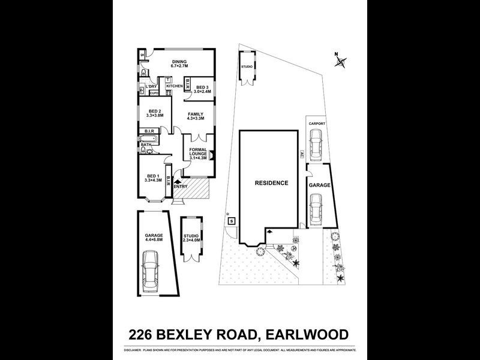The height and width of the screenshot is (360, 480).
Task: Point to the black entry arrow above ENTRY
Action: pos(176,180)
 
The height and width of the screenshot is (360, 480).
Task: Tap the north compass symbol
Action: pos(340,60)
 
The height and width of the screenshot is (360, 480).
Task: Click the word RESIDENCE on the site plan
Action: pos(271,183)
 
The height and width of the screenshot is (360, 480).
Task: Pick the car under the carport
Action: pos(316,145)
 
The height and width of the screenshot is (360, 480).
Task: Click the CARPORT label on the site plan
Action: pos(317,124)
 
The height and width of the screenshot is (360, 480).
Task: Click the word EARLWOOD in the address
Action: pos(305,334)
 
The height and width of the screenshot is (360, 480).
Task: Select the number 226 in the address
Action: pos(146,334)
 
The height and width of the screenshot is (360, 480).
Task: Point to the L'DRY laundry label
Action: pos(151,88)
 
